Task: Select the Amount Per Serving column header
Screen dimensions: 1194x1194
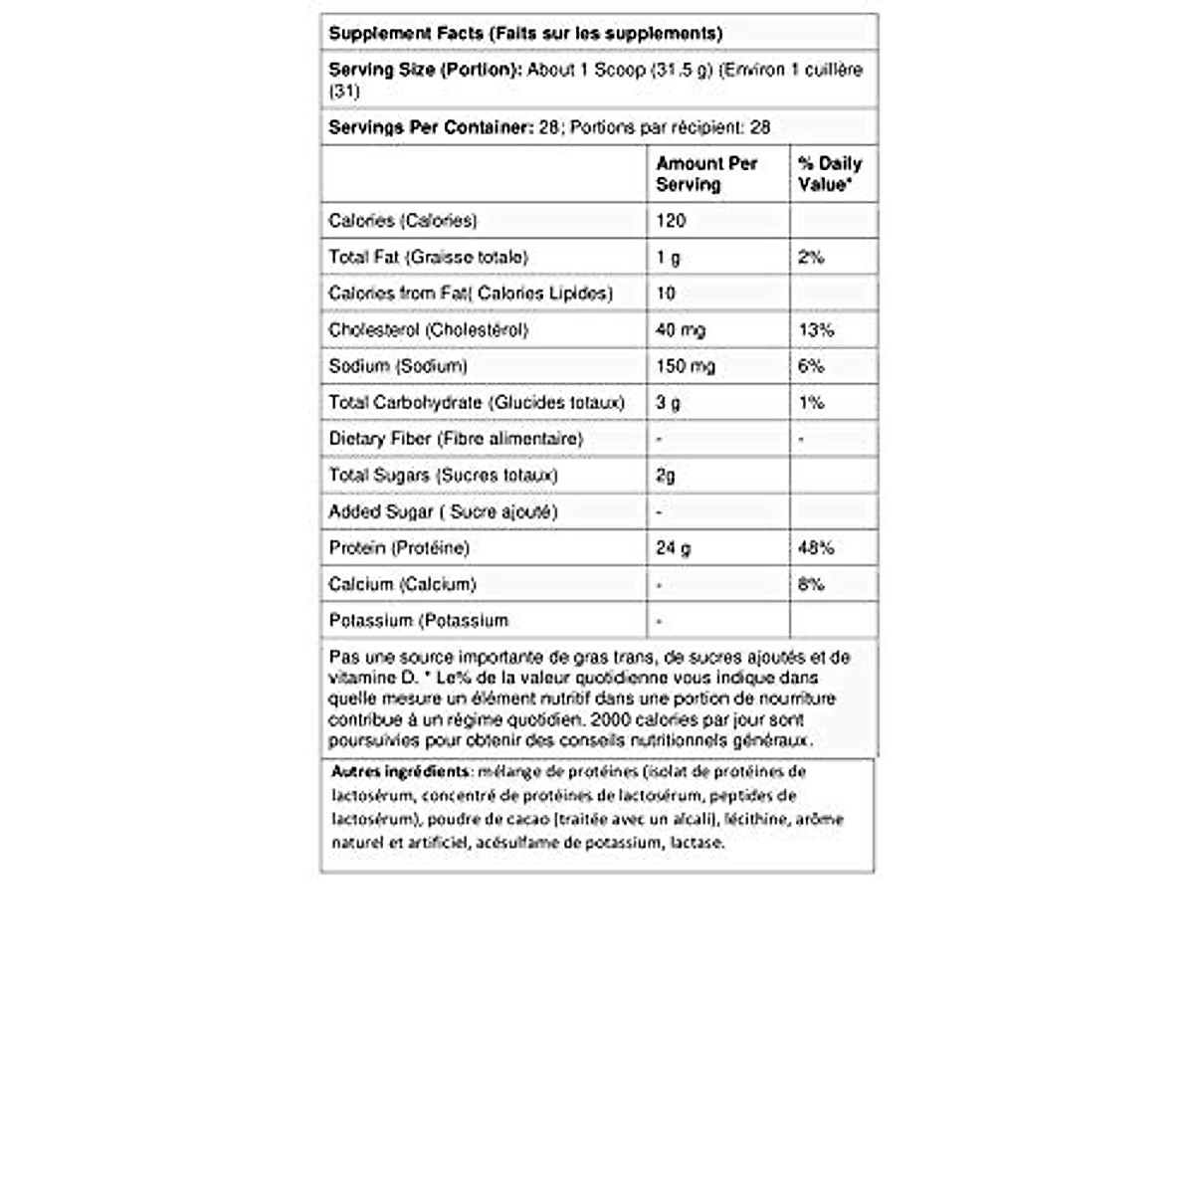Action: point(706,173)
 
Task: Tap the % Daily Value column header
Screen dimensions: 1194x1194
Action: point(829,173)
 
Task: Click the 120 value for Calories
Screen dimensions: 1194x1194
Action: point(671,220)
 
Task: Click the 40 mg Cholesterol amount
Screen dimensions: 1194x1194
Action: point(681,329)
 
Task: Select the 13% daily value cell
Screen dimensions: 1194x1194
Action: point(815,329)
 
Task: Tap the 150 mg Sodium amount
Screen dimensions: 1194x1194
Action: point(685,365)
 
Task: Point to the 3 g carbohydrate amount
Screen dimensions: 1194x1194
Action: point(668,402)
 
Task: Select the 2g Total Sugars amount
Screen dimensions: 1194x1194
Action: point(666,475)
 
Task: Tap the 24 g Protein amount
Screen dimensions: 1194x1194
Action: point(673,547)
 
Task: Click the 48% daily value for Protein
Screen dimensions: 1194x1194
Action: point(815,547)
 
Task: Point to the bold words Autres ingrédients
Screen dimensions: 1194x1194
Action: point(400,771)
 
